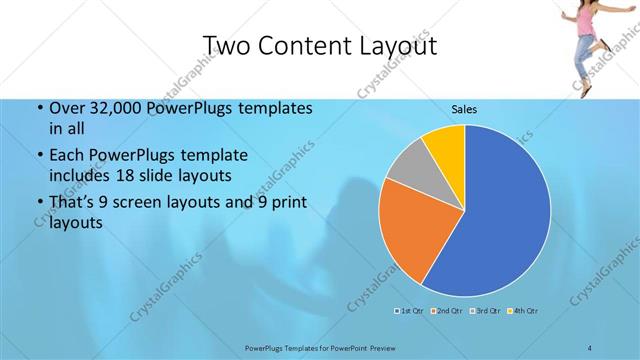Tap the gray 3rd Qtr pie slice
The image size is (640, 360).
406,167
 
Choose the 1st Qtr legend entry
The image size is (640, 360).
409,310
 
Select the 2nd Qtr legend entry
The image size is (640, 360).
447,310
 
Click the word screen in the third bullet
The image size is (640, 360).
144,204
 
